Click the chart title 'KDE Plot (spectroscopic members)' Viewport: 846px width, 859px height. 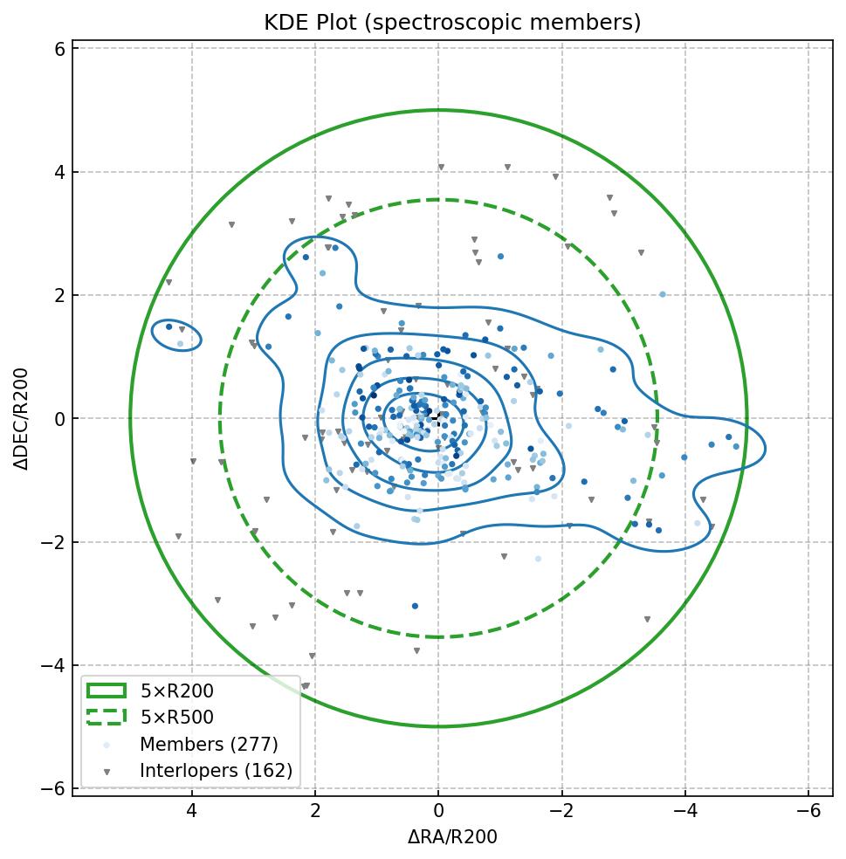pos(452,23)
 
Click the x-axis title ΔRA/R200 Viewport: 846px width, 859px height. pos(452,837)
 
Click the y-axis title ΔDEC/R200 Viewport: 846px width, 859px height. pos(22,419)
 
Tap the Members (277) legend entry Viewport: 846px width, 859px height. pos(209,745)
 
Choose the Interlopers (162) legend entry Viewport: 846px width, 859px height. pos(216,771)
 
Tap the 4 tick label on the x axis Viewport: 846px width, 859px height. pos(192,811)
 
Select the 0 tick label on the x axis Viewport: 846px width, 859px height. pos(438,811)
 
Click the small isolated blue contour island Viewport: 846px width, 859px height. pos(177,335)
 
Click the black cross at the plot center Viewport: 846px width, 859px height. pos(438,419)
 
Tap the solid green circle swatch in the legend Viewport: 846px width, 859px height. pos(107,691)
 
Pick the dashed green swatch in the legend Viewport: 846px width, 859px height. pos(107,718)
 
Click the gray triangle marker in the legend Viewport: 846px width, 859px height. pos(107,772)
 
